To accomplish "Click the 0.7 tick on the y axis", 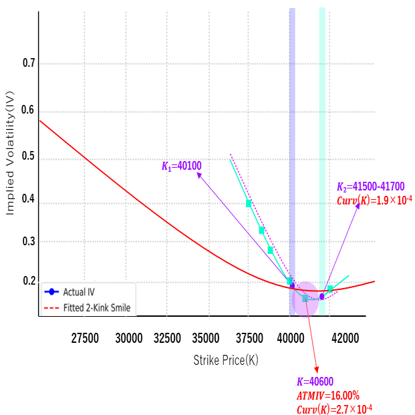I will tap(27, 64).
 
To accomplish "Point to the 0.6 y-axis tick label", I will tap(27, 110).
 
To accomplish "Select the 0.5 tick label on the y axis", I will tap(27, 158).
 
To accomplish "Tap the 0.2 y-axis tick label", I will tap(27, 281).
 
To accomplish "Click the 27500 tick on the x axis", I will tap(85, 338).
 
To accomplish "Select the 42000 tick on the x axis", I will tap(345, 338).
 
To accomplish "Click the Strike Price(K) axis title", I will tap(226, 360).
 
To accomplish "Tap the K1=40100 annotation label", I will tap(182, 166).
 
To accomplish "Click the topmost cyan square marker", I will tap(249, 203).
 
